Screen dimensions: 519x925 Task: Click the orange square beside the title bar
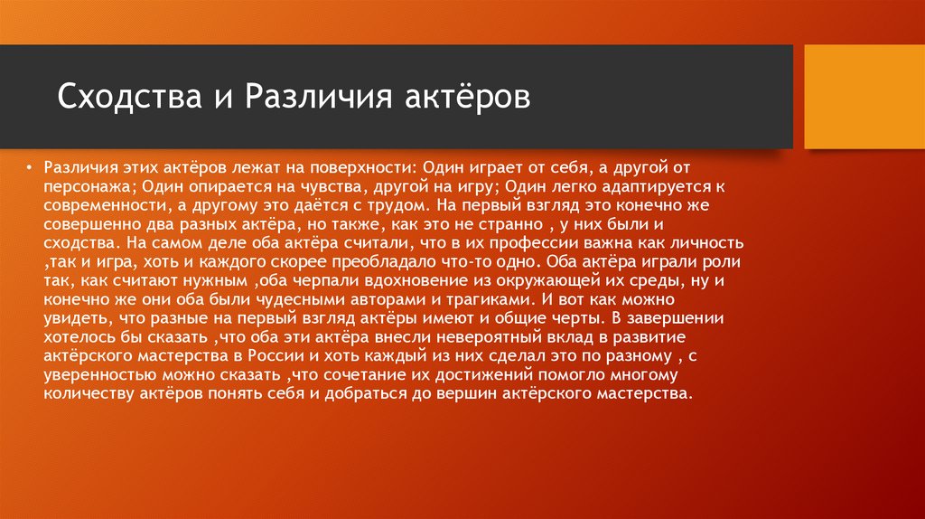(x=864, y=97)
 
